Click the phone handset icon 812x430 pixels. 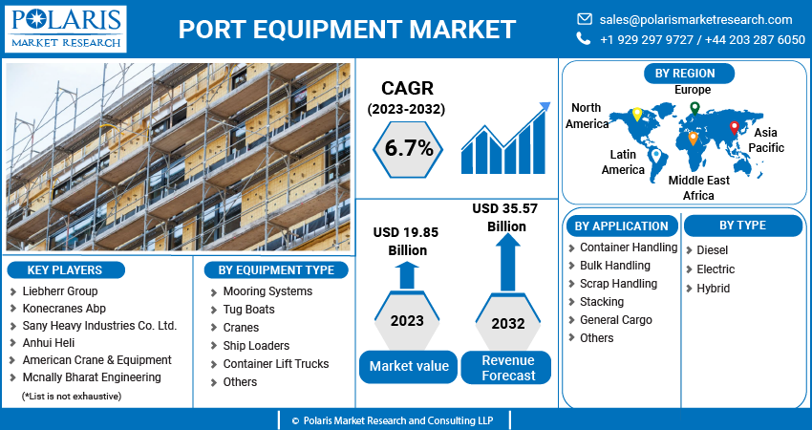584,39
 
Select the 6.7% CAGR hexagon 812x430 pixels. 409,148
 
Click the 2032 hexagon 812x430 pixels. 507,323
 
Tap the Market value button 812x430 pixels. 408,367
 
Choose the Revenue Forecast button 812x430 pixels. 507,367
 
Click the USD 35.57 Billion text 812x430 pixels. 506,218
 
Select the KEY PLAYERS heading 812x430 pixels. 64,269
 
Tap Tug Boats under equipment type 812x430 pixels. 248,310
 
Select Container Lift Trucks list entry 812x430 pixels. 275,364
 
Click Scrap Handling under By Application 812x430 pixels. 618,284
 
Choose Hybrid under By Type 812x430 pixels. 713,289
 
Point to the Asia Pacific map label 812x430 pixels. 766,140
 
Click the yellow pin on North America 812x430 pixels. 637,115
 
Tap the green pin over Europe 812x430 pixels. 694,108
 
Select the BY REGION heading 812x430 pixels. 685,73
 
